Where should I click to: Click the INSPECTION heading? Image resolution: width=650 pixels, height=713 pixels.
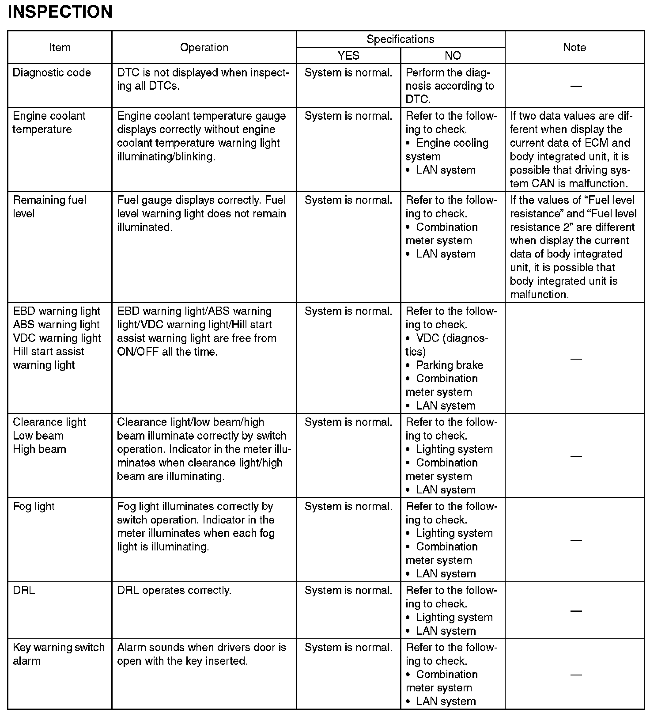click(60, 12)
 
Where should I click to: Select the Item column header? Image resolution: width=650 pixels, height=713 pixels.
click(60, 47)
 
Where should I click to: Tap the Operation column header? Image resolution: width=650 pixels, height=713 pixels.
click(204, 47)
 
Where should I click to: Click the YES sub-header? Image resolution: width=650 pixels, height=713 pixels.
click(348, 56)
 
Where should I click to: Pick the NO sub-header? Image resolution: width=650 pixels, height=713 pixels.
click(453, 56)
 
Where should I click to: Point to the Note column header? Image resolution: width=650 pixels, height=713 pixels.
click(574, 47)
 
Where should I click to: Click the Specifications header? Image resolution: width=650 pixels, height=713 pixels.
click(401, 39)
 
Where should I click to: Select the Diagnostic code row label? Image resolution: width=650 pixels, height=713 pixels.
click(52, 72)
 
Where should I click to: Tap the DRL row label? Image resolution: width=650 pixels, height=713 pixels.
click(24, 590)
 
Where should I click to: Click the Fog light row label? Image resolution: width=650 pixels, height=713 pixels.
click(34, 506)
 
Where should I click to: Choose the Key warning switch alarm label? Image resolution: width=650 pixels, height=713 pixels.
click(58, 654)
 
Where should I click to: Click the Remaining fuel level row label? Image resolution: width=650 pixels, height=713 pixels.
click(49, 207)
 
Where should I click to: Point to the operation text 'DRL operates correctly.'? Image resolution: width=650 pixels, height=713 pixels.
click(174, 590)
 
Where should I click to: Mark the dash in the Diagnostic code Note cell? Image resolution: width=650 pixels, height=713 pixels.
click(575, 86)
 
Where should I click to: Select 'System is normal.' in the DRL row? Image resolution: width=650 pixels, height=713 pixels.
click(348, 590)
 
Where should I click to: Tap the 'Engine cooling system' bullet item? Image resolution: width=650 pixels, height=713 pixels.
click(447, 150)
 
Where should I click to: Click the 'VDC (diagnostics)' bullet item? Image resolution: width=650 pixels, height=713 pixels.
click(447, 345)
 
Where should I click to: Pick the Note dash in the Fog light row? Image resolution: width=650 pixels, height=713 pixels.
click(576, 540)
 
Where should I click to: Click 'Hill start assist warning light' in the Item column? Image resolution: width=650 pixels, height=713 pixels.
click(48, 358)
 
